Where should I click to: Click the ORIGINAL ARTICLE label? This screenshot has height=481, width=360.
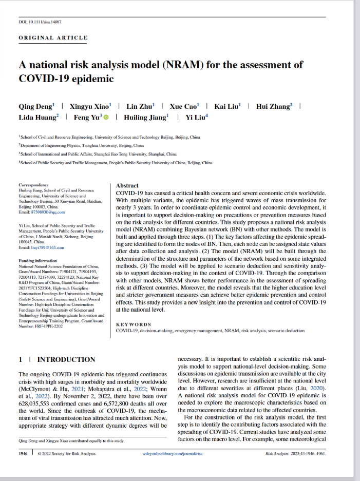[53, 37]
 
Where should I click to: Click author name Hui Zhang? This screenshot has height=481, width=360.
[274, 106]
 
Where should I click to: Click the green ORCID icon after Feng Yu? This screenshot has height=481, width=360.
[106, 118]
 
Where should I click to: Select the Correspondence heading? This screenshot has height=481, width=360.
[33, 185]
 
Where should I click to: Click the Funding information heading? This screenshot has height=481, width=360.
[39, 261]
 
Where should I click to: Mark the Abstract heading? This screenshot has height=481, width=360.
[127, 185]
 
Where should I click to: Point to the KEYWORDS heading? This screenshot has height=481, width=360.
[134, 324]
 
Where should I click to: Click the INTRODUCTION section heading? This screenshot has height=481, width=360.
[66, 359]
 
